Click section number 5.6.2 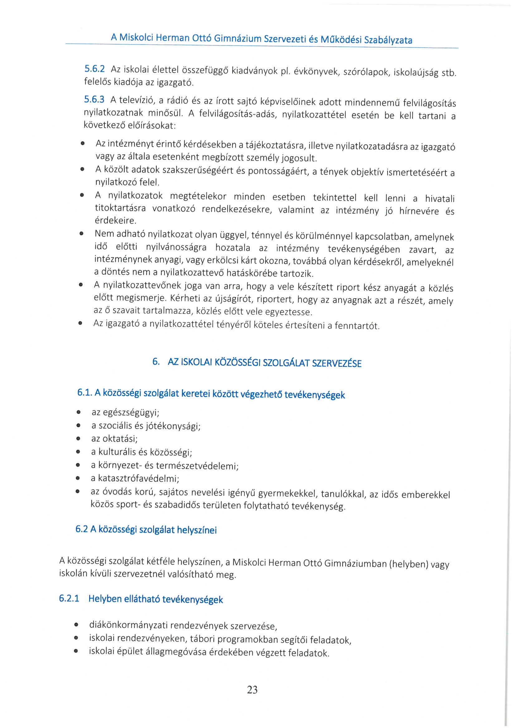[x=94, y=69]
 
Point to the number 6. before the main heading [x=156, y=362]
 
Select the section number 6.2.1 [x=69, y=598]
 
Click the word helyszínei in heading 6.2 [x=197, y=530]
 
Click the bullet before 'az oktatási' [x=78, y=439]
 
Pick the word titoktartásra [x=120, y=208]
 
